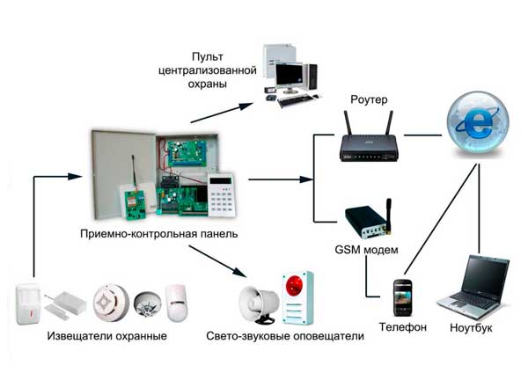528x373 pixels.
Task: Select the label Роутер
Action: coord(369,99)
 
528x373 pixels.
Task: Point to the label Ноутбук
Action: coord(471,327)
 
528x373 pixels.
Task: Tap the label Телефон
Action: coord(402,327)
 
